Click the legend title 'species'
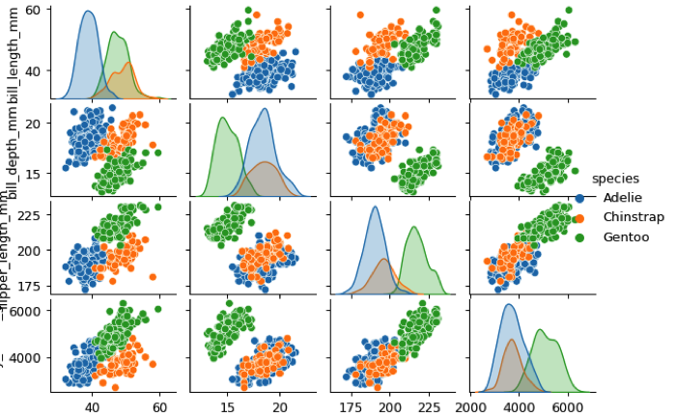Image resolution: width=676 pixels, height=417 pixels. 614,179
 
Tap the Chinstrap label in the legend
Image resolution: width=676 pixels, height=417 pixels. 633,217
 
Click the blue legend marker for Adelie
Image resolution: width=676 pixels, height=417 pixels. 579,198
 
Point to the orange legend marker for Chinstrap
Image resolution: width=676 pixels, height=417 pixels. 579,217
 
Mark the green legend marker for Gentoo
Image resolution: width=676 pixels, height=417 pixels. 579,236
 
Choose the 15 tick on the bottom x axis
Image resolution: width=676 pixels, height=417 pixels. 229,408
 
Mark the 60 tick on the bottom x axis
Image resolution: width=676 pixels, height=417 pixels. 159,408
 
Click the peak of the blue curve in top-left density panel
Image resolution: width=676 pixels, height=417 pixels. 88,12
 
